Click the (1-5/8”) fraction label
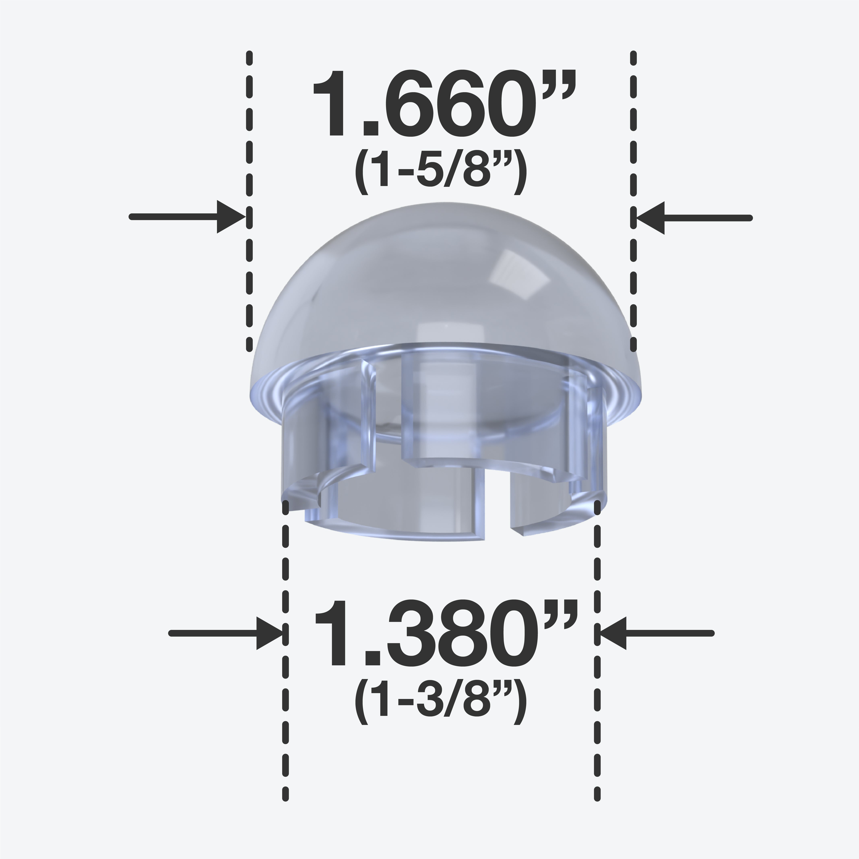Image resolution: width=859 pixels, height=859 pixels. pyautogui.click(x=440, y=173)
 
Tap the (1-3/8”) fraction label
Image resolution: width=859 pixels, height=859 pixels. pyautogui.click(x=440, y=705)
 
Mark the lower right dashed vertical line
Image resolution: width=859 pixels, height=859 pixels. pyautogui.click(x=597, y=667)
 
